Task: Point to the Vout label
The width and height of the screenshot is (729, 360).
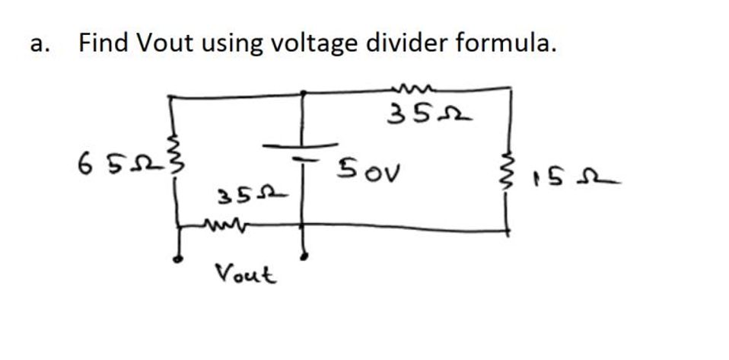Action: (x=245, y=272)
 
